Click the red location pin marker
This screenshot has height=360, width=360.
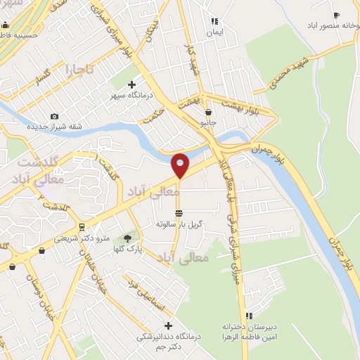[x=181, y=165]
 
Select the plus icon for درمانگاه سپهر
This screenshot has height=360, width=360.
[x=131, y=85]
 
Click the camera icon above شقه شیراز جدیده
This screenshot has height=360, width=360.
[x=54, y=117]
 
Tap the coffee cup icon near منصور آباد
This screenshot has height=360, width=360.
[x=336, y=14]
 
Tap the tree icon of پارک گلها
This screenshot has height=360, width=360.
[x=127, y=238]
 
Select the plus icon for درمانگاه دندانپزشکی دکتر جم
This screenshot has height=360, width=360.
[x=167, y=326]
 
